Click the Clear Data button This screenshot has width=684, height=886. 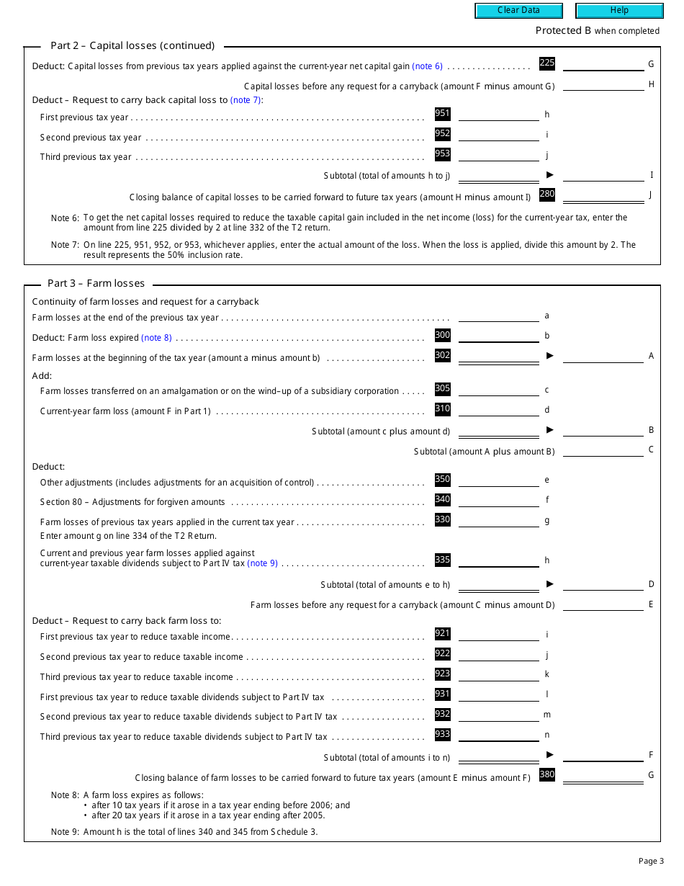point(518,10)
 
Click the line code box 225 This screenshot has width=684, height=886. point(547,63)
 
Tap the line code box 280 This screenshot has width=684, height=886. point(547,194)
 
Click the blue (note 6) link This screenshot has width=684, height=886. point(427,66)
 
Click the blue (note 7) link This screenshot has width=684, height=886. point(246,100)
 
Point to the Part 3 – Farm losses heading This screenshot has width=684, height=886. point(96,283)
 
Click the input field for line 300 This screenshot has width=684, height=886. point(498,336)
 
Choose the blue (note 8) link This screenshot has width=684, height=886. point(156,338)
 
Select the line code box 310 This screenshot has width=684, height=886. point(442,408)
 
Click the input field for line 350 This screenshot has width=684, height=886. point(498,480)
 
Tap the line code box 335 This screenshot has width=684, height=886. point(442,560)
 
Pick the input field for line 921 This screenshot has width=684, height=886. point(498,635)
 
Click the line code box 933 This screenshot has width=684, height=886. point(442,734)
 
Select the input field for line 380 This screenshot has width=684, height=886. point(603,776)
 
